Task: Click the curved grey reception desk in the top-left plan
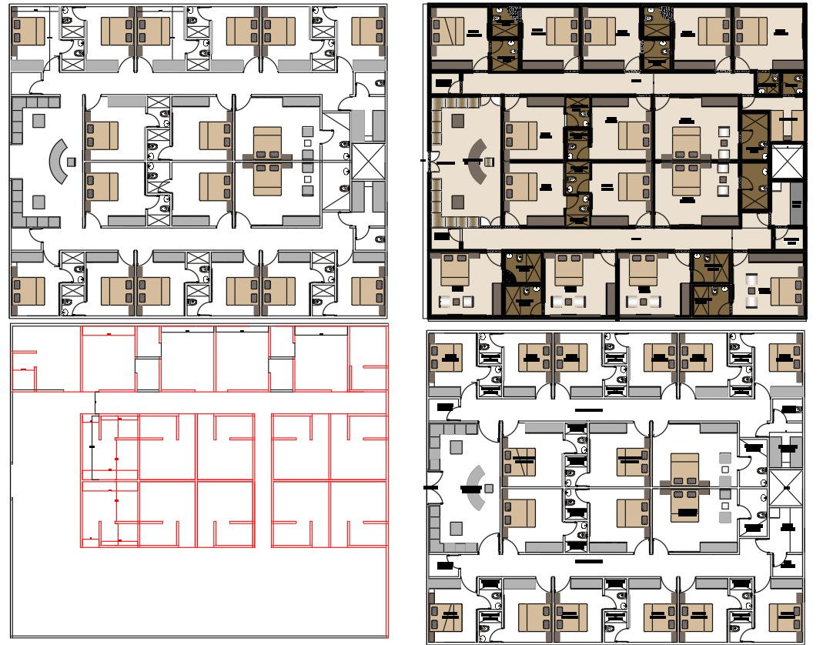pos(57,161)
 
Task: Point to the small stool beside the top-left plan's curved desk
pos(72,162)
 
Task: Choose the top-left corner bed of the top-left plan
pos(30,32)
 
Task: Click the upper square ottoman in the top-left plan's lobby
pos(38,120)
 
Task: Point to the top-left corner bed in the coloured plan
pos(449,32)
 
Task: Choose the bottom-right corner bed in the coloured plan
pos(785,291)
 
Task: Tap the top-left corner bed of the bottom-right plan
pos(446,357)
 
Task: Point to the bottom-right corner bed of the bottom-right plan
pos(784,616)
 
